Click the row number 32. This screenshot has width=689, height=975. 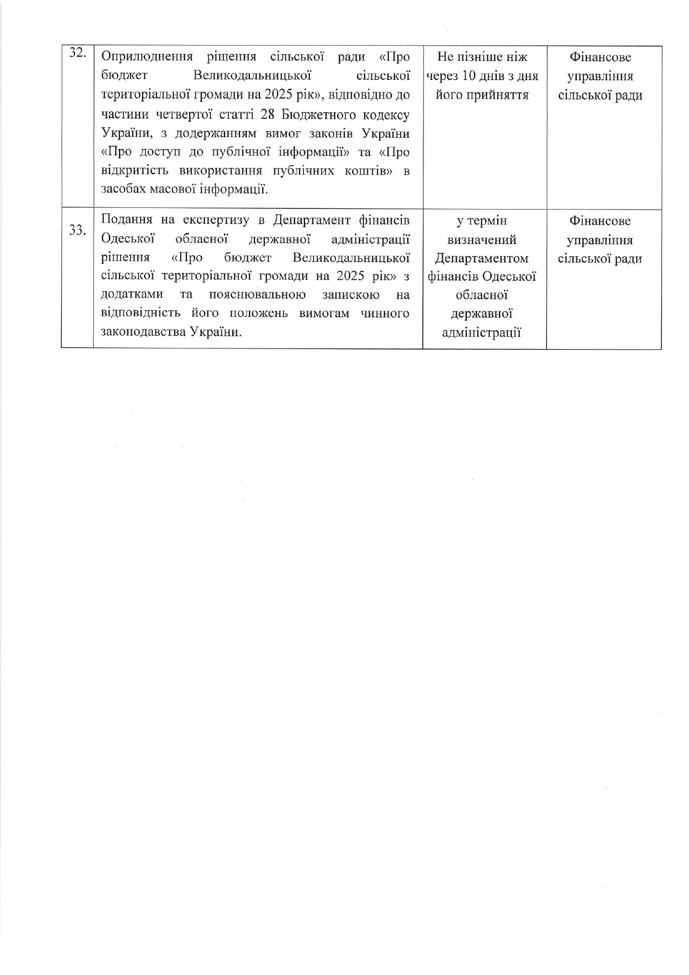click(77, 53)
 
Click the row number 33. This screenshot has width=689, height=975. click(77, 230)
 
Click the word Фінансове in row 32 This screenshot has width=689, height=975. click(600, 57)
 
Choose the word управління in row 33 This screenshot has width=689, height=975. click(600, 240)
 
